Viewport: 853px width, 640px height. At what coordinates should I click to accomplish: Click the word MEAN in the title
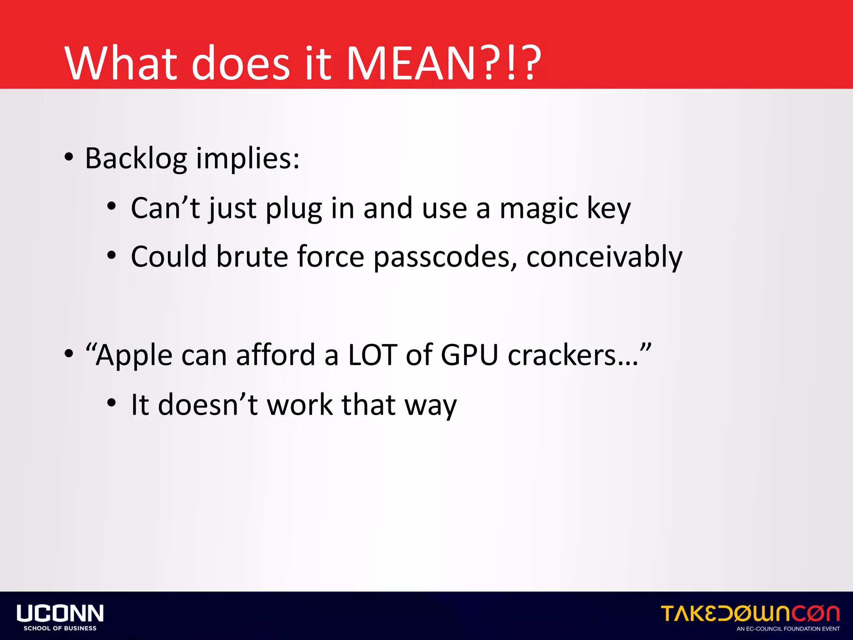point(410,63)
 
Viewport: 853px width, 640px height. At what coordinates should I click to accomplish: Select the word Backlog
point(136,159)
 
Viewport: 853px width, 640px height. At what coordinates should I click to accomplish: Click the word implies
point(247,159)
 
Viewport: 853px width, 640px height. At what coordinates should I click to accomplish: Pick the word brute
point(252,257)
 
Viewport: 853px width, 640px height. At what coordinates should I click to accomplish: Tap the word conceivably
point(604,257)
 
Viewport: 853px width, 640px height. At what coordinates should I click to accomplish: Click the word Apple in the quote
point(133,356)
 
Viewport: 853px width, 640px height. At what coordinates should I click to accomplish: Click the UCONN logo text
point(60,613)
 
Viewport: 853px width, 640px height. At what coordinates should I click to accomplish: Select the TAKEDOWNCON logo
point(750,613)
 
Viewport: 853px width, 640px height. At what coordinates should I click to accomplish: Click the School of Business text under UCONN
point(60,628)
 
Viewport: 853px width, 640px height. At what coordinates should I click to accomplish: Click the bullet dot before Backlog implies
point(69,157)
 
